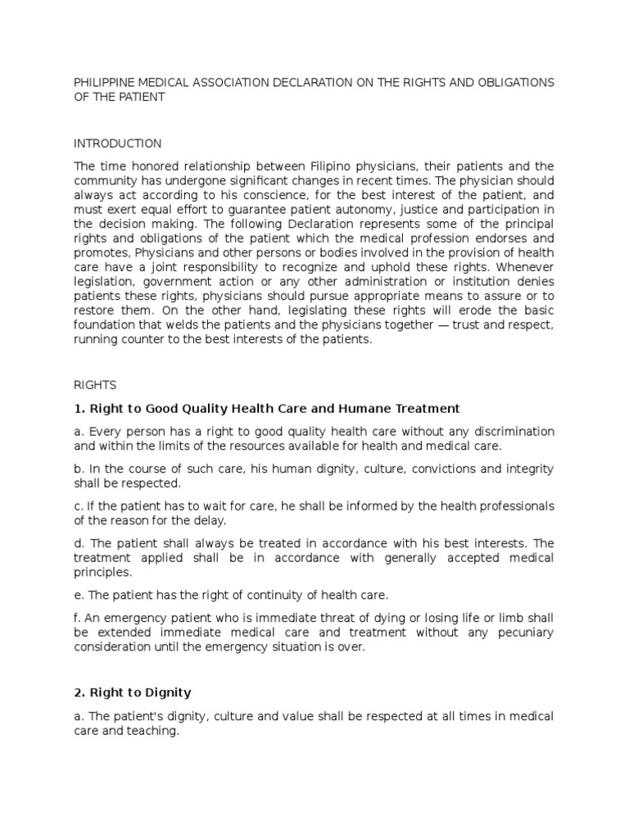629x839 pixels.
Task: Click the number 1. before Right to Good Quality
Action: pyautogui.click(x=79, y=408)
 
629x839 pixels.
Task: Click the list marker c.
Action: pyautogui.click(x=79, y=506)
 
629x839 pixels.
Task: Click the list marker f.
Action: pyautogui.click(x=78, y=618)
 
